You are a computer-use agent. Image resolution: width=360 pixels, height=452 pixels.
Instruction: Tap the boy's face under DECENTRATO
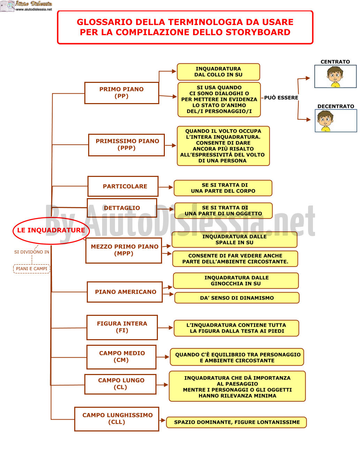[325, 121]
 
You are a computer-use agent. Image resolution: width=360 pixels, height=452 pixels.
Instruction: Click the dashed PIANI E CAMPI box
[32, 268]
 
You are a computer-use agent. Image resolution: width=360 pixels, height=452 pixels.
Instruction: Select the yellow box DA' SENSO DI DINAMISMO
[237, 298]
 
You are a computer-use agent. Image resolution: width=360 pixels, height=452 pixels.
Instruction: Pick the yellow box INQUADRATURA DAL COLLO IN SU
[218, 72]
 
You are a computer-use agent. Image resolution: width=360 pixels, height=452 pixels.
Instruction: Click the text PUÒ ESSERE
[281, 98]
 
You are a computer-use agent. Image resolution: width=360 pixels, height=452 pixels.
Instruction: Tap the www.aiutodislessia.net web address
[34, 9]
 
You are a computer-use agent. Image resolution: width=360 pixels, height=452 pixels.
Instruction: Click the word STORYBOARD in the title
[258, 32]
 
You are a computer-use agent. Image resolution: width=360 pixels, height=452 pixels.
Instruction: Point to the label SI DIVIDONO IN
[32, 252]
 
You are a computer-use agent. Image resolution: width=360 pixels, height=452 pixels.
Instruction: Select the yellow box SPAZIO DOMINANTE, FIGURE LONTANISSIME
[236, 422]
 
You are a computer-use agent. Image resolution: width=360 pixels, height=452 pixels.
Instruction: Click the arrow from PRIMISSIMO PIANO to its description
[170, 145]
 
